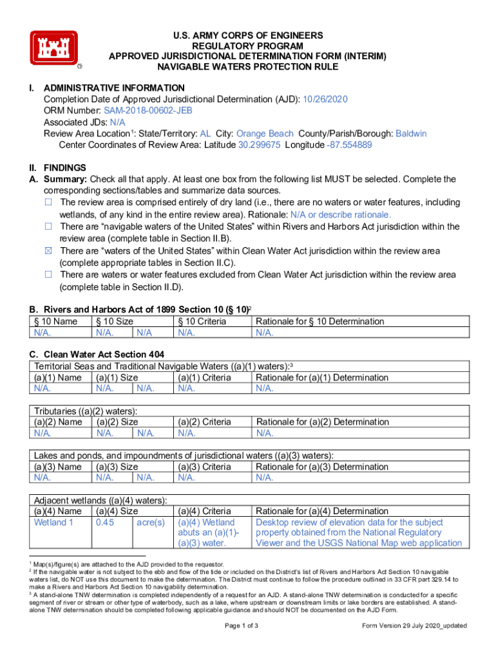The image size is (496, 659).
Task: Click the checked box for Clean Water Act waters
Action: tap(48, 250)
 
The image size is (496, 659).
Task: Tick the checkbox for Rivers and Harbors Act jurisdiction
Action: tap(48, 227)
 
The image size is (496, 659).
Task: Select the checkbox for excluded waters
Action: tap(48, 274)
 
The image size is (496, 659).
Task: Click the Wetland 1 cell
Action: tap(53, 522)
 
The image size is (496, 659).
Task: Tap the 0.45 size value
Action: tap(104, 522)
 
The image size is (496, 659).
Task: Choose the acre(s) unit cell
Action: tap(151, 522)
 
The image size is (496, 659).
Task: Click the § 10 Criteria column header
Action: tap(202, 321)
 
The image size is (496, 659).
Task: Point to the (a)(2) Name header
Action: tap(58, 422)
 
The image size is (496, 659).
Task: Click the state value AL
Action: tap(205, 134)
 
